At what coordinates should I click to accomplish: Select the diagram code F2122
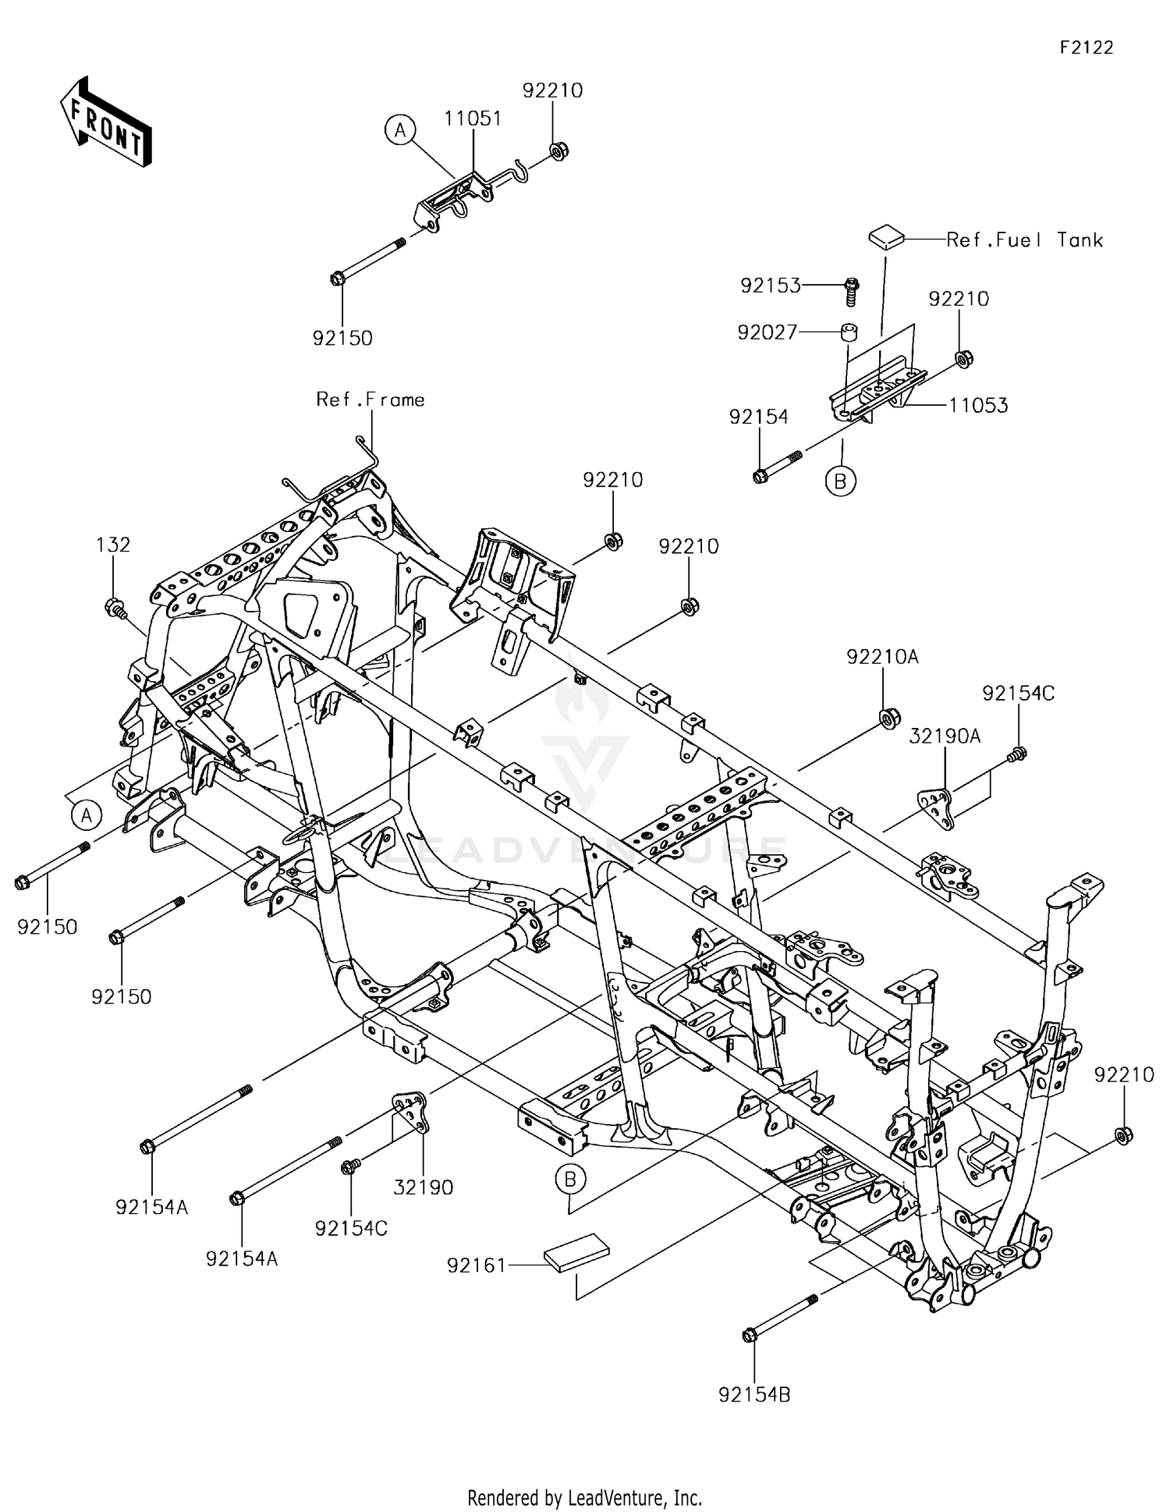(1086, 48)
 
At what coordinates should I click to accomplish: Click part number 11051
(473, 119)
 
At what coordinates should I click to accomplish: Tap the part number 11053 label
(978, 405)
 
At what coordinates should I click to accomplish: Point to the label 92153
(771, 286)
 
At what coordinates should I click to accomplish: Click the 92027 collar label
(768, 333)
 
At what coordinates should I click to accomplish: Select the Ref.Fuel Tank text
(1024, 240)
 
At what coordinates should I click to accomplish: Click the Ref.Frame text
(370, 399)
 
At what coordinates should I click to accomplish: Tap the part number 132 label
(113, 545)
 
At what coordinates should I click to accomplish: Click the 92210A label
(882, 657)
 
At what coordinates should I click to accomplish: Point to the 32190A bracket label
(945, 736)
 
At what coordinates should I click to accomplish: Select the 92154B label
(754, 1394)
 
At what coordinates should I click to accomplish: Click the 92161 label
(477, 1265)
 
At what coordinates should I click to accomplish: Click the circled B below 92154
(840, 481)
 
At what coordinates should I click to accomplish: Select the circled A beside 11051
(400, 130)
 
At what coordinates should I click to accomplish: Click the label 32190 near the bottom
(423, 1187)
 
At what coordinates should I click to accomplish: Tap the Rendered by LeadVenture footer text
(584, 1497)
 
